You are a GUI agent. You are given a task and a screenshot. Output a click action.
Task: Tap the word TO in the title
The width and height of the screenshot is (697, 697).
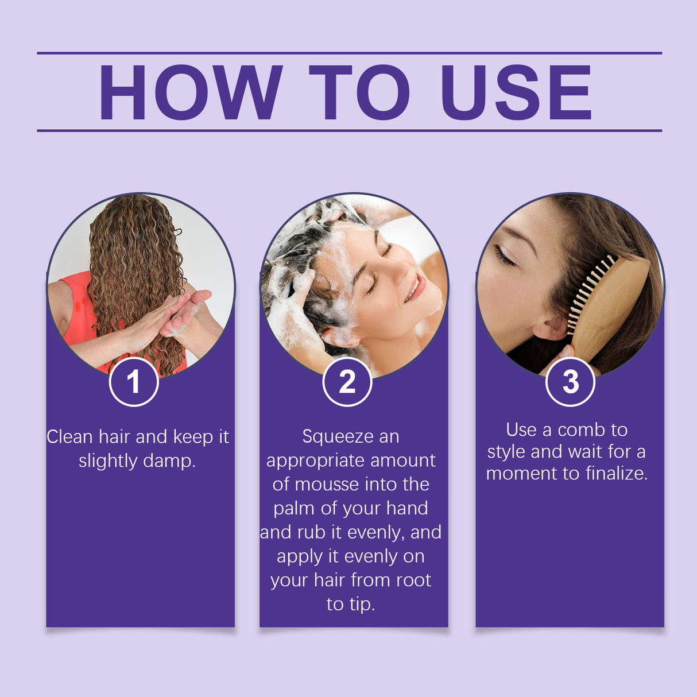coord(359,92)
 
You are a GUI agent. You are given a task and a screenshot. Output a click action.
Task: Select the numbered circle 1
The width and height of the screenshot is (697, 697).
coord(134,382)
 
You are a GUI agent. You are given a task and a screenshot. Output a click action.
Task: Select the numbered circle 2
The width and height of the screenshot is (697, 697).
coord(347,382)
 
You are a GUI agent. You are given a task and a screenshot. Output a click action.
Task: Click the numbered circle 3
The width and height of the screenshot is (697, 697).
coord(570,382)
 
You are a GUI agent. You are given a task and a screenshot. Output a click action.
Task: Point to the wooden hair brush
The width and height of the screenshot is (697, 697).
coord(609,304)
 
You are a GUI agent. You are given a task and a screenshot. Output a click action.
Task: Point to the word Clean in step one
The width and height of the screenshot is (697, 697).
coord(69,437)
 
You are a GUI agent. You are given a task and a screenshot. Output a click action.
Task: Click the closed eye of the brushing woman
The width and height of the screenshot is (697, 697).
coord(504,255)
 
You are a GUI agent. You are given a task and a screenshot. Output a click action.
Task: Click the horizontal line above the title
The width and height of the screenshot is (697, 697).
coord(349,53)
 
